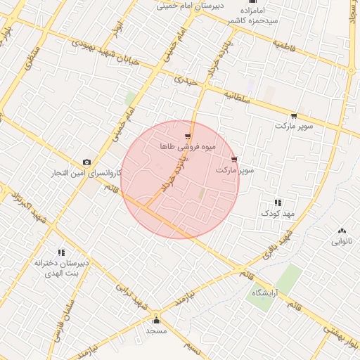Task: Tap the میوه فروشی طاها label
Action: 186,147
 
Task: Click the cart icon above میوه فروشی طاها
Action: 187,136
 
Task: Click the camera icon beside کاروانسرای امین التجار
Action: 86,162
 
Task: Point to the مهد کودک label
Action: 280,212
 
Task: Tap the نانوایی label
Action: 342,241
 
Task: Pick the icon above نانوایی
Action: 342,231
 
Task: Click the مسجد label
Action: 155,330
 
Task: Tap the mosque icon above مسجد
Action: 155,320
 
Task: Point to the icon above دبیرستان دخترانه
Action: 61,252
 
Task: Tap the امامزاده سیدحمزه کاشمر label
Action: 251,15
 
